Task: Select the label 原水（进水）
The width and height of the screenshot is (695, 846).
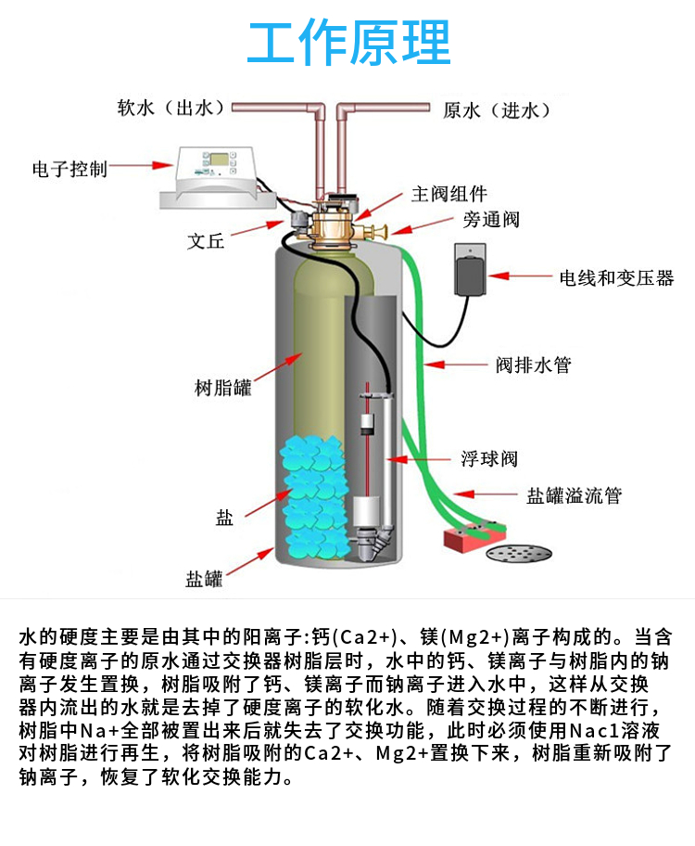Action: [x=497, y=110]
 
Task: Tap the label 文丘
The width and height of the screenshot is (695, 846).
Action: [x=206, y=241]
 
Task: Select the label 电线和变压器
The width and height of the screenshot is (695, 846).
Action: [x=616, y=277]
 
